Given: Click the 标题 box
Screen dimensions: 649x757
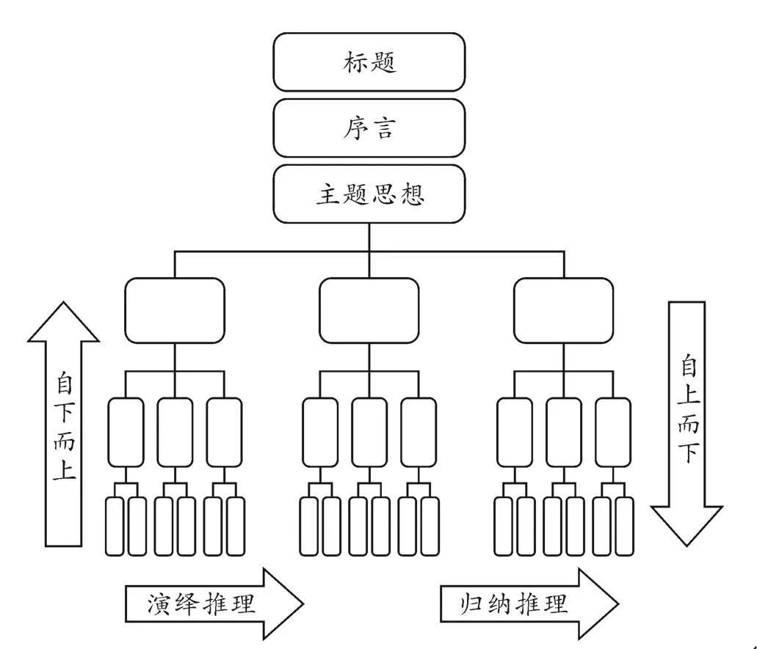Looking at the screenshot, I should point(369,62).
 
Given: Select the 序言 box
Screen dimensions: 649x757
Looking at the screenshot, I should point(369,128).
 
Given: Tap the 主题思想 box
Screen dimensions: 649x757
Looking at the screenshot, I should point(369,194).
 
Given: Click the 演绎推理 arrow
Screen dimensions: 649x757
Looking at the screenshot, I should point(213,603).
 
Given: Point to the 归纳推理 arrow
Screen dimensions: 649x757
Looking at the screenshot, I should point(529,603).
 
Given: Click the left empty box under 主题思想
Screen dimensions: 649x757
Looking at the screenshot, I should point(175,310).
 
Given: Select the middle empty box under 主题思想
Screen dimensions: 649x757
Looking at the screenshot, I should point(369,310).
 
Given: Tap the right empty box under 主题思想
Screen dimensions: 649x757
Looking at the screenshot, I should point(563,310).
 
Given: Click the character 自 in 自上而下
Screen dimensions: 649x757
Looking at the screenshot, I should point(687,364).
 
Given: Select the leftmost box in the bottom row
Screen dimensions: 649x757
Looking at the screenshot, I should point(115,526).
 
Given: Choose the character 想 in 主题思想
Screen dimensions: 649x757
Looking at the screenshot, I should point(412,194).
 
